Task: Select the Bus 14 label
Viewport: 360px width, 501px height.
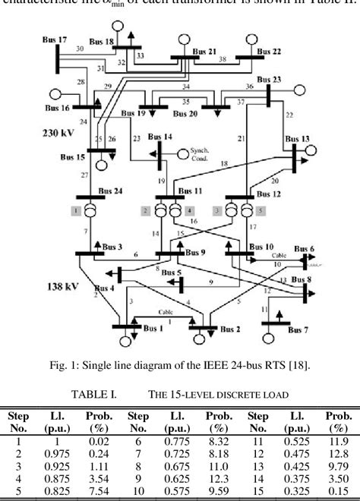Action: tap(160, 137)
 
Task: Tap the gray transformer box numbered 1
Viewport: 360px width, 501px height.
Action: tap(76, 210)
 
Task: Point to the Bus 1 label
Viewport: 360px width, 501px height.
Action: tap(153, 329)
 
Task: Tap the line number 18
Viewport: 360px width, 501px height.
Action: tap(223, 163)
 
